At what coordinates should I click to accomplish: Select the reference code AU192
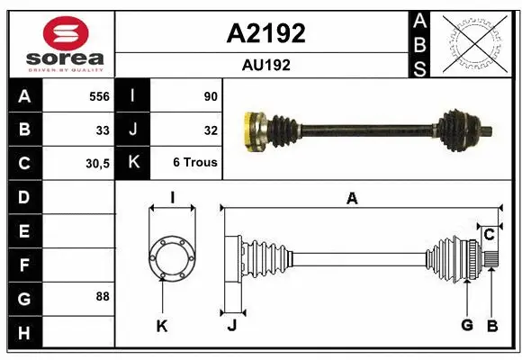265,65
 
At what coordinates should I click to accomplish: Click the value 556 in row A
99,95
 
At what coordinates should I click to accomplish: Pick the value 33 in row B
103,130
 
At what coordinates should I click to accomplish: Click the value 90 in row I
211,95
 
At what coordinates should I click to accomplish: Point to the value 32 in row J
211,130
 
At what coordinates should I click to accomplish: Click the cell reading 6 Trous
194,164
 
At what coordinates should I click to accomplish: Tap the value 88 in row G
103,296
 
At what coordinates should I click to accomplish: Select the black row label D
23,196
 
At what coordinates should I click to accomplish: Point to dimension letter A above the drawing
352,199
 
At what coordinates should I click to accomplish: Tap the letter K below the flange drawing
162,326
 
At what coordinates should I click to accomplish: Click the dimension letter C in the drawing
489,235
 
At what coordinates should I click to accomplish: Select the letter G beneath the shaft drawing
466,326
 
